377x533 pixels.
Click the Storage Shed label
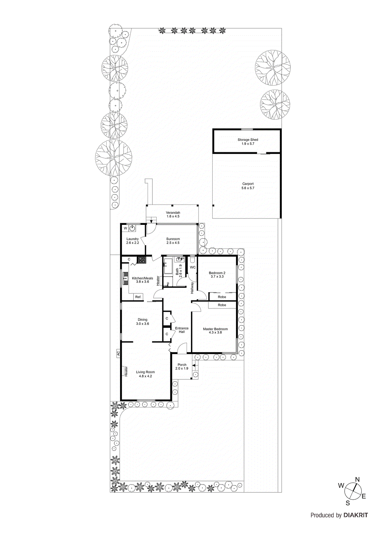tap(248, 140)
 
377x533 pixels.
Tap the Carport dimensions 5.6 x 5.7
tap(248, 188)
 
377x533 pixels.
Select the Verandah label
tap(173, 213)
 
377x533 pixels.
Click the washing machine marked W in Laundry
tap(126, 229)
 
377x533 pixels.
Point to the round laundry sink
tap(133, 228)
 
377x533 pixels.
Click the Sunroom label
tap(173, 239)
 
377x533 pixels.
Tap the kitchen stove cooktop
tap(142, 260)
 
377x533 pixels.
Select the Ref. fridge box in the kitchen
tap(138, 297)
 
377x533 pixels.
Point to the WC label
tap(193, 267)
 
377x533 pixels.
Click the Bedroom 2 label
tap(217, 273)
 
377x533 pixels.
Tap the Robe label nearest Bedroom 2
tap(222, 297)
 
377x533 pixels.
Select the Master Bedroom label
tap(215, 329)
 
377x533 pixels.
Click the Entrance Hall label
tap(182, 330)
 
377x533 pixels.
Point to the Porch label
tap(182, 365)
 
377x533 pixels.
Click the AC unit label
tap(118, 353)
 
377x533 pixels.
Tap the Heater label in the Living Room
tap(126, 371)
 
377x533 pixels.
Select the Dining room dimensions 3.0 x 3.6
tap(142, 324)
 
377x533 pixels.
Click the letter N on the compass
tap(357, 480)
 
